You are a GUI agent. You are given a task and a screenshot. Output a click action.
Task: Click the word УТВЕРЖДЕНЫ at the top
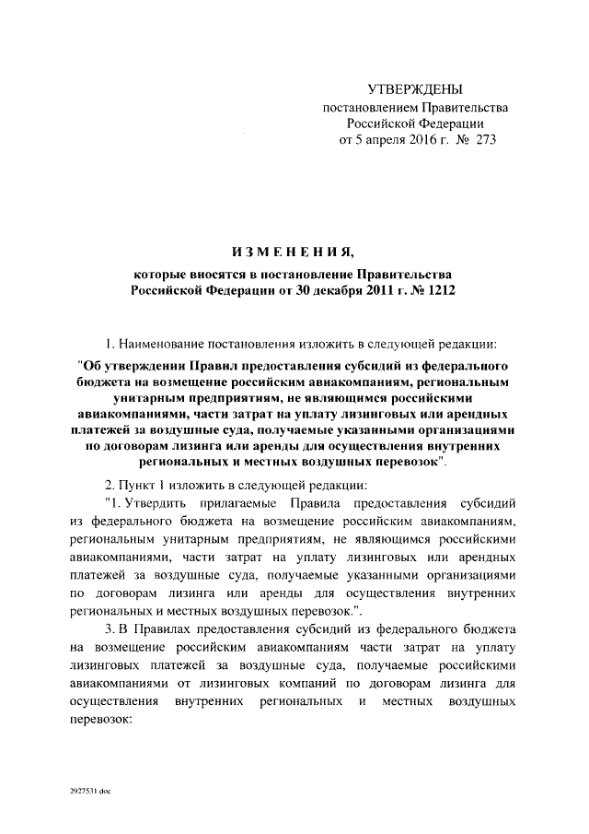(x=414, y=89)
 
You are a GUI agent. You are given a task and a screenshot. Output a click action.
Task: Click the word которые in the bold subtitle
(x=158, y=274)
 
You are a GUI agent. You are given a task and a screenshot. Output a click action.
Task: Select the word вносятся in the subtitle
(x=216, y=274)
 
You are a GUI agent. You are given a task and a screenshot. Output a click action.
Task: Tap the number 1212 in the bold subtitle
(x=438, y=290)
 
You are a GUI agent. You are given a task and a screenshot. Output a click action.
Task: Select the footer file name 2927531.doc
(x=88, y=793)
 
